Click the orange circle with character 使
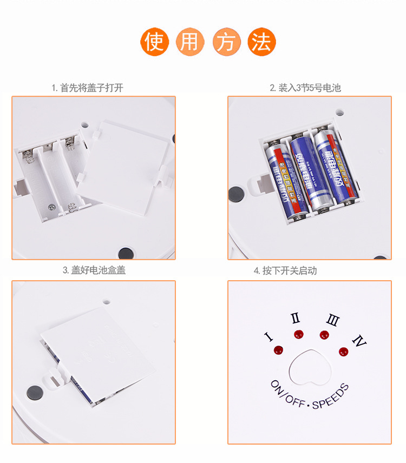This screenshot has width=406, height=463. click(155, 42)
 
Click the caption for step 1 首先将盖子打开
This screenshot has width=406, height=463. click(87, 88)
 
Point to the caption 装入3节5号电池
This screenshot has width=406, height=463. click(305, 88)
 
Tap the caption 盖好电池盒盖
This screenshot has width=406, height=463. click(94, 270)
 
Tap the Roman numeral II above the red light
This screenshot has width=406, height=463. click(296, 319)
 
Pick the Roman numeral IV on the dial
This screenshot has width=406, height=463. click(359, 341)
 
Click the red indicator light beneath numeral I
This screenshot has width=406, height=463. click(279, 349)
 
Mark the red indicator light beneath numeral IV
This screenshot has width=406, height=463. click(343, 352)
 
